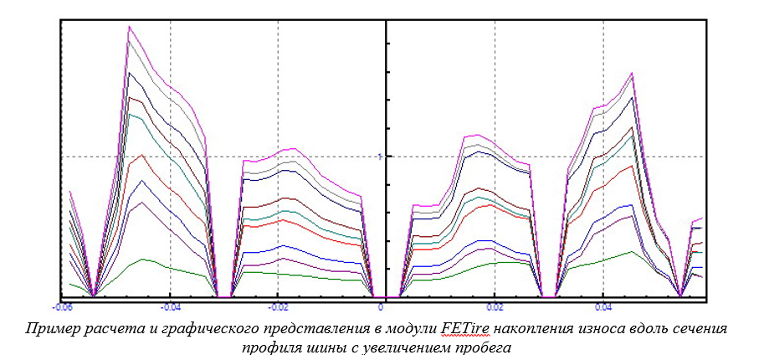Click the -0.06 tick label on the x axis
click(60, 306)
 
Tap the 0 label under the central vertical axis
click(381, 306)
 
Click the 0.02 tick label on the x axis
click(495, 306)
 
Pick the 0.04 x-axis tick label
click(603, 306)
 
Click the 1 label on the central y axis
click(379, 157)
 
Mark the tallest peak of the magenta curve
click(129, 26)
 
